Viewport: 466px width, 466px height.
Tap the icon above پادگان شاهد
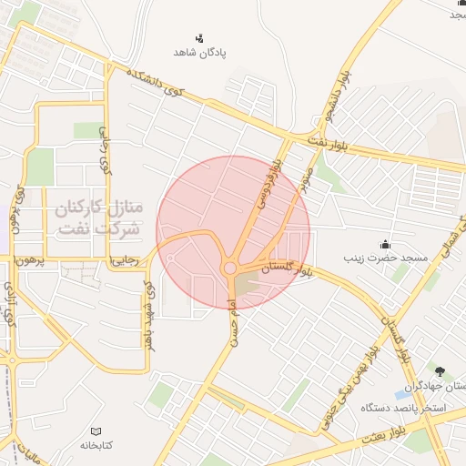coord(199,37)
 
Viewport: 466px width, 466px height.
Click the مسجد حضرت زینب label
coord(385,258)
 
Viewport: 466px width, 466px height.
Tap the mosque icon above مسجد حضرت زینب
coord(385,244)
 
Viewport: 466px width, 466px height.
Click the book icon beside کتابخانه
coord(96,431)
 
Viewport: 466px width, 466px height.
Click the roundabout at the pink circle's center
coord(230,268)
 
